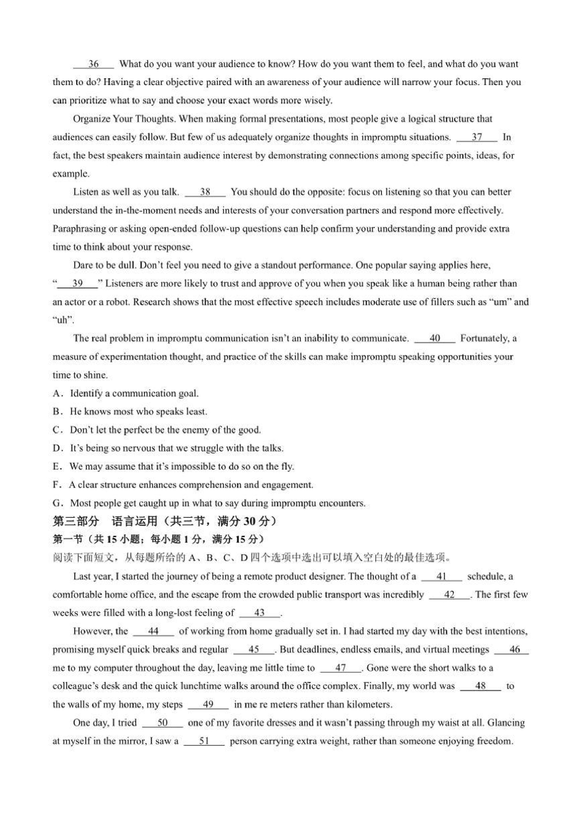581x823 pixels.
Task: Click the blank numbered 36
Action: pos(94,64)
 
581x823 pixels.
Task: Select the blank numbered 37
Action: pos(477,137)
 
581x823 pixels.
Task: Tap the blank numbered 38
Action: pos(205,192)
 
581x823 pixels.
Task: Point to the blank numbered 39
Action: pos(78,284)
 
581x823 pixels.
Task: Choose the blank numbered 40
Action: pos(435,338)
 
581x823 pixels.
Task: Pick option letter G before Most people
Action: pos(57,503)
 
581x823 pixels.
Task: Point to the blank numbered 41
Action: pos(441,576)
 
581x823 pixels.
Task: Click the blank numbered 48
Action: pos(480,686)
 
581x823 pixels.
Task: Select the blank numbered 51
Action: pos(204,741)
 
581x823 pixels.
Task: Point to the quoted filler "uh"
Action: pos(63,320)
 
